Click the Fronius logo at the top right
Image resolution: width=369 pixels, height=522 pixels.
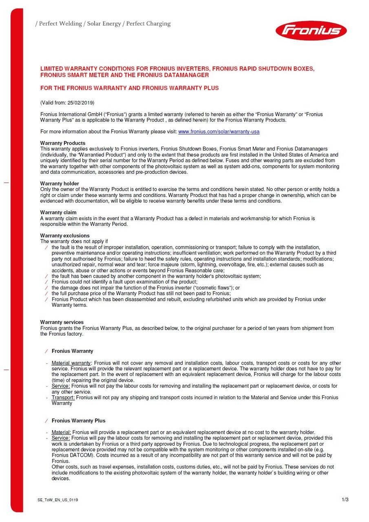(311, 31)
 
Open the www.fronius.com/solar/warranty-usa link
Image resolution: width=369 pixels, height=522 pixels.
(219, 132)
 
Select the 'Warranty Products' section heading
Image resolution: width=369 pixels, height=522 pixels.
(63, 143)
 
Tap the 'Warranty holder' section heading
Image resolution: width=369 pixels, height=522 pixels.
(60, 184)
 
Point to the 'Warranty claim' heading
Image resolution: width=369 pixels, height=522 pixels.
(58, 212)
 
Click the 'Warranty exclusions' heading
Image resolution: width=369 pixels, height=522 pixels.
(65, 236)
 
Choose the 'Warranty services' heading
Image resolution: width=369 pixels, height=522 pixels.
(62, 322)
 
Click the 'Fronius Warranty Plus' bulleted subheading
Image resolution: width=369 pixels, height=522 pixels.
(78, 420)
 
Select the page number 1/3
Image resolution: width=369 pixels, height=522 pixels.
(345, 500)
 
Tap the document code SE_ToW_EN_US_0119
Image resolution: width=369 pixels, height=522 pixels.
(57, 500)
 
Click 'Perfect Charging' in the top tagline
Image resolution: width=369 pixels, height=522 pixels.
(148, 24)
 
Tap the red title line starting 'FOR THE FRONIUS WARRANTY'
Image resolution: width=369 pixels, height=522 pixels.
(129, 88)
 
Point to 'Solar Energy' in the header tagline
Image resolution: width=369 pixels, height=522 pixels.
(104, 24)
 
